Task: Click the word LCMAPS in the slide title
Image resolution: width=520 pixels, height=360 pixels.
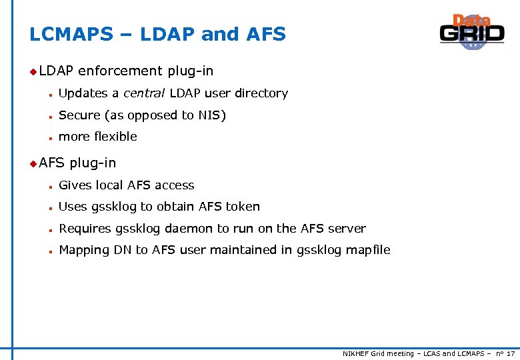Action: click(x=71, y=35)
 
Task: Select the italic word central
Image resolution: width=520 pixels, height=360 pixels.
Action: click(x=145, y=93)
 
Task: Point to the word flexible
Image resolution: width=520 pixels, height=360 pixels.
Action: click(x=116, y=137)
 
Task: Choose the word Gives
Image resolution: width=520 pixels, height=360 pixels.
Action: click(x=75, y=185)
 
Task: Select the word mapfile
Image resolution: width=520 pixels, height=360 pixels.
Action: click(x=368, y=250)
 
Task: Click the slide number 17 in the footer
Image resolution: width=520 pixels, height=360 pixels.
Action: click(x=510, y=354)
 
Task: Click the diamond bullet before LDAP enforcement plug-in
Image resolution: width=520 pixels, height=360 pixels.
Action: click(x=33, y=71)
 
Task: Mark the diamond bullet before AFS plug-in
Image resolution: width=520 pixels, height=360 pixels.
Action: click(x=33, y=163)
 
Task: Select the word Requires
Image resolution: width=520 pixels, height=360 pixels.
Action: click(x=85, y=229)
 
